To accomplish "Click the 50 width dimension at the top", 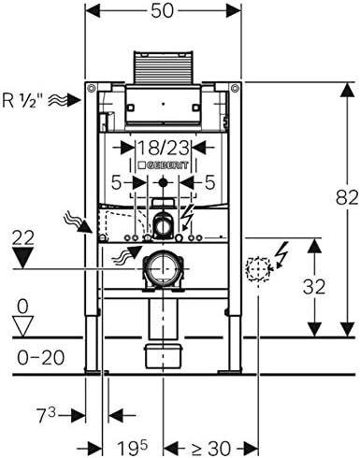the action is point(162,11).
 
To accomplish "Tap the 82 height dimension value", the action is point(347,197).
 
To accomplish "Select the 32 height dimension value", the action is point(314,287).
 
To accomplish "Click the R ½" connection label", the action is point(22,100).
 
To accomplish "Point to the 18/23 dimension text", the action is point(164,148).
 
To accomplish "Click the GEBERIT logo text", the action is point(164,165).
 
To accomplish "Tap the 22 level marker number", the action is point(23,238).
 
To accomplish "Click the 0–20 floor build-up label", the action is point(41,357).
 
